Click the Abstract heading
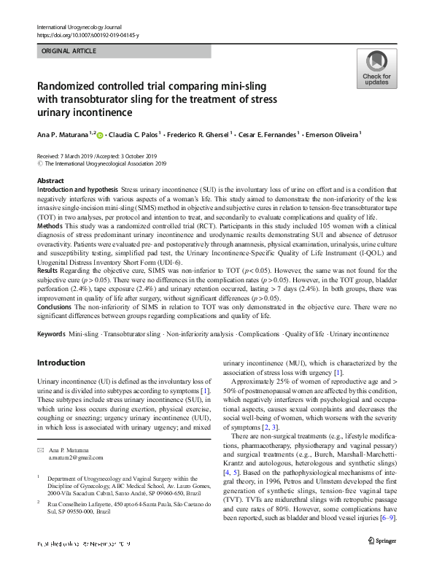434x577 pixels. [50, 180]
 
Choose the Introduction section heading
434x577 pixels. [61, 362]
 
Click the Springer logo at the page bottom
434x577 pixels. [381, 561]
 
